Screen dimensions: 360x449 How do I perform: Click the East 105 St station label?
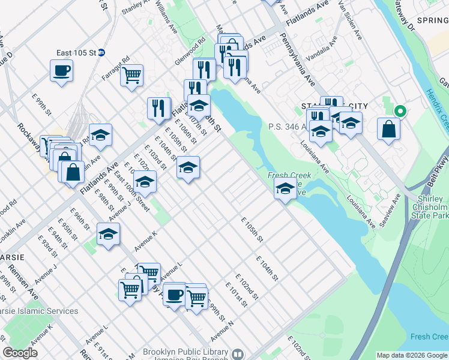[76, 53]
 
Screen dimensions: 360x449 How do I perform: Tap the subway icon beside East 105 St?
[102, 53]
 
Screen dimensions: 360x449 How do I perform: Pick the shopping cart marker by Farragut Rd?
[131, 76]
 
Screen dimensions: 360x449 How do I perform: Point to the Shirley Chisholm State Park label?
[430, 207]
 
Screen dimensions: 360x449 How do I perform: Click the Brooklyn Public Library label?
[185, 352]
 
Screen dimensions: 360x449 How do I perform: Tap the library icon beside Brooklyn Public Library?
[238, 354]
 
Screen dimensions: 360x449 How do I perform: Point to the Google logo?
[20, 353]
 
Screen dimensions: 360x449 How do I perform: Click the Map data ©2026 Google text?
[411, 355]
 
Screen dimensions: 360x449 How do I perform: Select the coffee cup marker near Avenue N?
[174, 295]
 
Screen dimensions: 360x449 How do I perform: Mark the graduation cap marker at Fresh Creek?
[284, 189]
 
